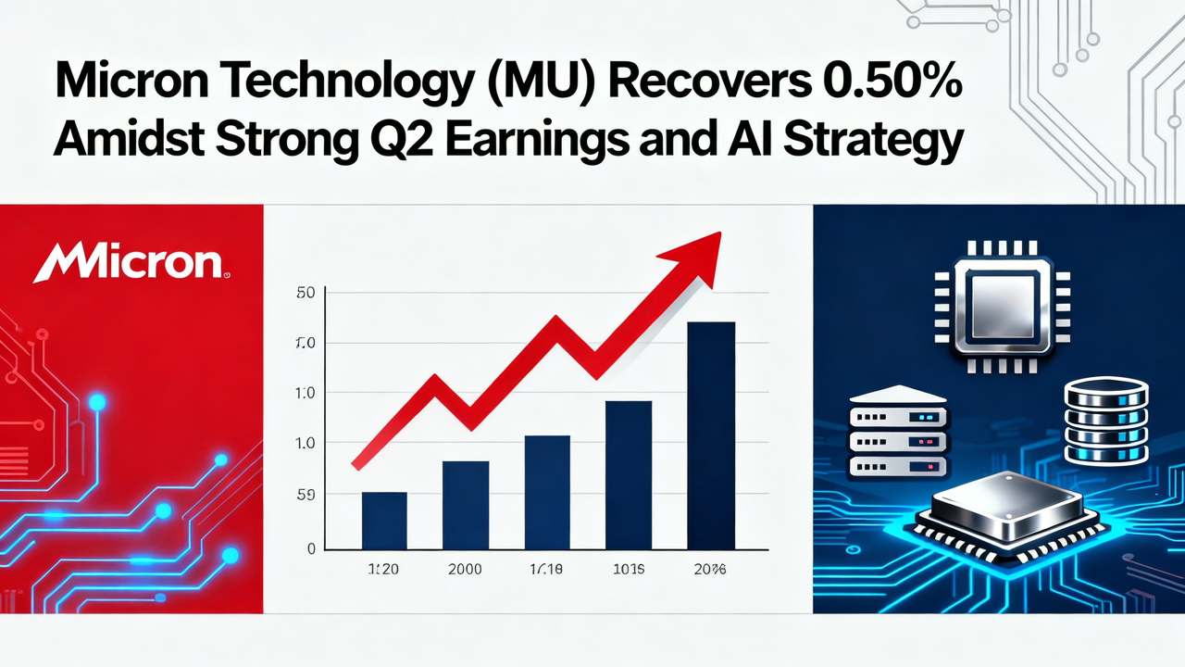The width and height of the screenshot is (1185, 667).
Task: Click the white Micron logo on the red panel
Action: click(x=131, y=262)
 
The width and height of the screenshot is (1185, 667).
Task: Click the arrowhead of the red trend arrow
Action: click(x=699, y=246)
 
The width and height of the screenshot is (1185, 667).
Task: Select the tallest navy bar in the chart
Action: click(x=711, y=435)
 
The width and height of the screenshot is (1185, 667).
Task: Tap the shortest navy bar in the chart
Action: click(x=384, y=521)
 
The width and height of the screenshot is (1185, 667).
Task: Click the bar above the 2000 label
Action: click(x=465, y=505)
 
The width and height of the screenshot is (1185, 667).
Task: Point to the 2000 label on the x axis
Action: click(x=464, y=570)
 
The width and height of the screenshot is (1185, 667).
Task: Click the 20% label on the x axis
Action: click(x=710, y=570)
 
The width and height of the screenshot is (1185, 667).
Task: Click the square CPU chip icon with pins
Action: click(x=992, y=307)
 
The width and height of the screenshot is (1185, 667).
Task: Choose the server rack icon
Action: click(x=897, y=432)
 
